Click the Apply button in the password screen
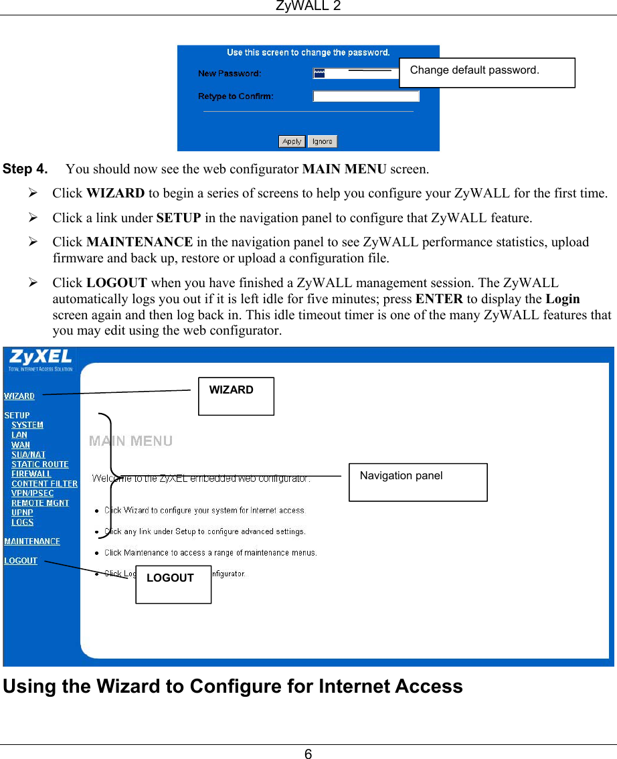[292, 141]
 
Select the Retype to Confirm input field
[365, 96]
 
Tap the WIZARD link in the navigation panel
[19, 396]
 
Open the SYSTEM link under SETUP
[27, 425]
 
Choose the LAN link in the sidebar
[19, 435]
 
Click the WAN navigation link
[21, 444]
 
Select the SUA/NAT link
[28, 454]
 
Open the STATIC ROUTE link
[39, 465]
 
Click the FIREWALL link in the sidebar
[31, 474]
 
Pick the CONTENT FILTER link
[44, 484]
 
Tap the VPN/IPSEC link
[32, 493]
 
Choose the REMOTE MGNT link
[39, 503]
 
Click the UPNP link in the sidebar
[22, 513]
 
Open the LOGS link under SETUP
[22, 523]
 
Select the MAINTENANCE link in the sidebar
[32, 541]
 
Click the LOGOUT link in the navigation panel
[21, 561]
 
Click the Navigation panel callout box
[418, 482]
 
